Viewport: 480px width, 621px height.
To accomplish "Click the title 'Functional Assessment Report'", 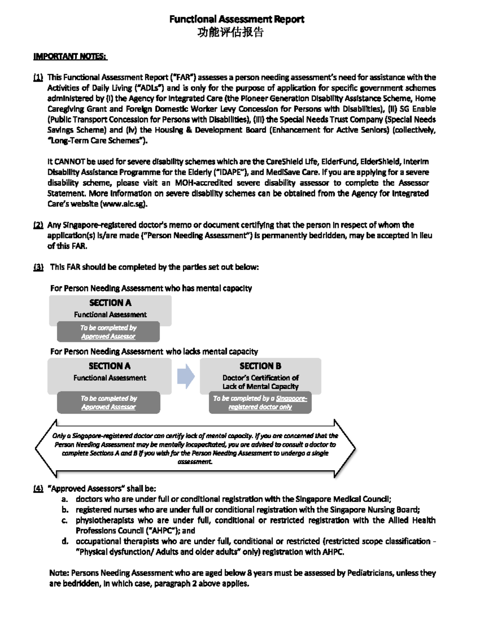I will click(x=236, y=19).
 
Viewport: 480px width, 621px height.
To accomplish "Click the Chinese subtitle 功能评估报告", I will click(x=231, y=32).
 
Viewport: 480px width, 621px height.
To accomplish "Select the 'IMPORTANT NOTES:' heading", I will click(x=70, y=56).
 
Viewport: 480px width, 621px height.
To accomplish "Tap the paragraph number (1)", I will click(x=38, y=77).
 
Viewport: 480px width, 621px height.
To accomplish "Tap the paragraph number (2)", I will click(x=38, y=225).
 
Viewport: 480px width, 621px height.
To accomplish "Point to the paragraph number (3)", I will click(x=38, y=267).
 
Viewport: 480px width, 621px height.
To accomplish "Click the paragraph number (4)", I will click(x=38, y=488).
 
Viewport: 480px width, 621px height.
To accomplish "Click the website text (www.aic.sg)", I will click(x=124, y=204).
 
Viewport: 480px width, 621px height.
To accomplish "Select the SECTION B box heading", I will click(x=260, y=366).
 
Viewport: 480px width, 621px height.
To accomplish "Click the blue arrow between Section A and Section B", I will click(x=186, y=376).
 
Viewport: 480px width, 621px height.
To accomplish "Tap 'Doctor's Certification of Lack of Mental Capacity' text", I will click(x=260, y=382).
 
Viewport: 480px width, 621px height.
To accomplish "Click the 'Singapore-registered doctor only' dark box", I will click(x=260, y=402).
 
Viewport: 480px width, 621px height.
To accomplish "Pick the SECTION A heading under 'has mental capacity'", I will click(x=110, y=303).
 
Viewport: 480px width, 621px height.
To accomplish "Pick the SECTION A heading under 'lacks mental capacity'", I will click(x=110, y=366).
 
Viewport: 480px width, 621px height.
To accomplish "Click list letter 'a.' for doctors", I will click(x=64, y=499).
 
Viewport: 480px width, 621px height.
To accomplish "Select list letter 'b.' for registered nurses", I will click(x=64, y=509).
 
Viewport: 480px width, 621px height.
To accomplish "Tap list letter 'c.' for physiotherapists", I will click(x=64, y=520).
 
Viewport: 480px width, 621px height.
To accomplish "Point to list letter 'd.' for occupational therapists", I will click(x=64, y=541).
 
